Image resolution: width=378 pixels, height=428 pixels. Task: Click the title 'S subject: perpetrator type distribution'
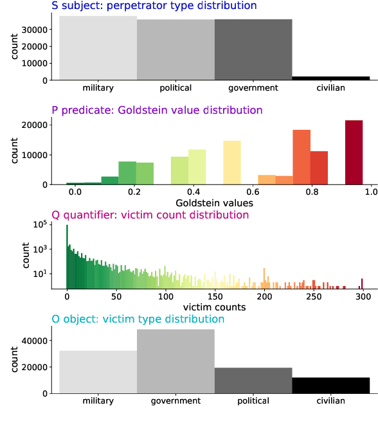pos(154,6)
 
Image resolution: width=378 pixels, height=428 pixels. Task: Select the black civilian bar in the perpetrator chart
pos(330,78)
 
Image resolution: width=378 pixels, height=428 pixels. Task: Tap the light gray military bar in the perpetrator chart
pos(98,48)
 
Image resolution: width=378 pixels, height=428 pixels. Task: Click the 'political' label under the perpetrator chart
pos(175,88)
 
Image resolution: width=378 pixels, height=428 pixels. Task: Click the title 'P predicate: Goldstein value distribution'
pos(157,110)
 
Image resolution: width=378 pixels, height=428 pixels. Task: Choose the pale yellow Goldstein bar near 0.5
pos(231,163)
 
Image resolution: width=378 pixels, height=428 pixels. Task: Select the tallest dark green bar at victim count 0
pos(67,257)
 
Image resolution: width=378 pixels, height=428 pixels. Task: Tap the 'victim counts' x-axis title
pos(214,307)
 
